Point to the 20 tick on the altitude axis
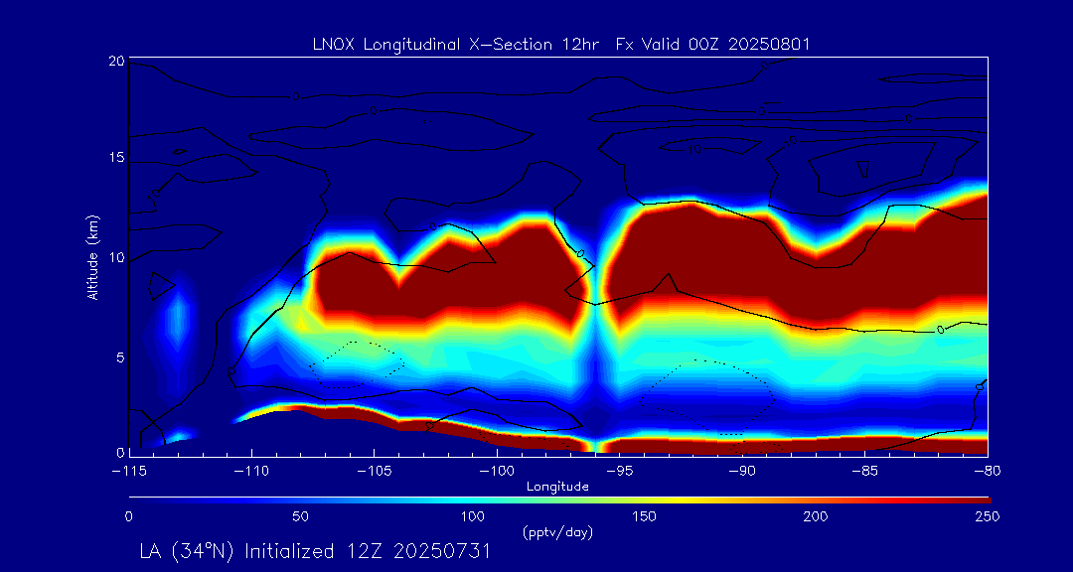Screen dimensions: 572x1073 click(116, 61)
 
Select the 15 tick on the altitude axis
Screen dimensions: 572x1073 click(116, 159)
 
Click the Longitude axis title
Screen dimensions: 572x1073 click(558, 486)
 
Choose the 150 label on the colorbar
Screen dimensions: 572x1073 click(644, 516)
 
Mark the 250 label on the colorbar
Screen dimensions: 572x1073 click(987, 516)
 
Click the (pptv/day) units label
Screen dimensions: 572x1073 click(557, 532)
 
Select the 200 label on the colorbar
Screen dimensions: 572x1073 click(816, 516)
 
